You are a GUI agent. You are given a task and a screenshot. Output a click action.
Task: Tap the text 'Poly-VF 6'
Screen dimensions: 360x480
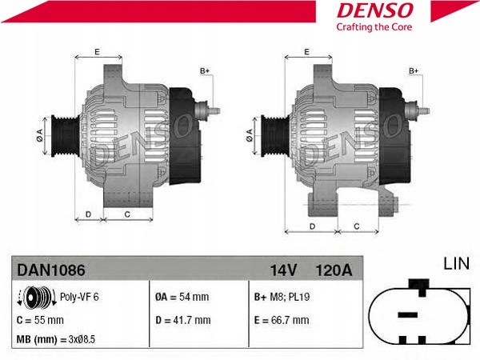[79, 297]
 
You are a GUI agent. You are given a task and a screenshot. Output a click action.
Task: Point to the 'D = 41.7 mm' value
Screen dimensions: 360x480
[182, 319]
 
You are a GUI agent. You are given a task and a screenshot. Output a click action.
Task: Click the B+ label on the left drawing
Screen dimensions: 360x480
[204, 71]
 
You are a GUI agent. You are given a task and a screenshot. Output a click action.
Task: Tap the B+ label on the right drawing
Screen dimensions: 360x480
[414, 71]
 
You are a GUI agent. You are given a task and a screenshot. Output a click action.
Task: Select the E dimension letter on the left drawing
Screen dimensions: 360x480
[96, 52]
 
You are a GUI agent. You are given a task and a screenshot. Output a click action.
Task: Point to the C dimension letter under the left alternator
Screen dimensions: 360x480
[127, 214]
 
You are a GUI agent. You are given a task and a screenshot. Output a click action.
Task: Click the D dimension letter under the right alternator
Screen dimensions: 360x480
[310, 226]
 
